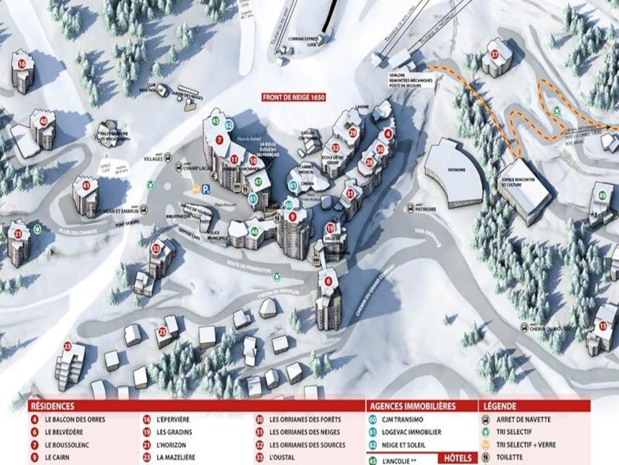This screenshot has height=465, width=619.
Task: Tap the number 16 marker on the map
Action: pos(22,64)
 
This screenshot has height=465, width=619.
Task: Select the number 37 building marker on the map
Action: pos(494,54)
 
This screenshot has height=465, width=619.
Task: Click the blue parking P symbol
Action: pos(206,190)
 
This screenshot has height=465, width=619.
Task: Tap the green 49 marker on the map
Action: pos(601,196)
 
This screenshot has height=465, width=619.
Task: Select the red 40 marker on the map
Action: pos(43,121)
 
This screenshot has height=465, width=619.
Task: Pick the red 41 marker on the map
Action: pos(86,186)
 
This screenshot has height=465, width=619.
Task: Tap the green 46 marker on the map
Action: pos(254,231)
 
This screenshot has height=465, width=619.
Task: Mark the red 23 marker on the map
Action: pos(68,347)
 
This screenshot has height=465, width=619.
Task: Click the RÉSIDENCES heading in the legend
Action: pos(53,406)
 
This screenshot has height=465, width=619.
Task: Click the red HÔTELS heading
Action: pos(459,458)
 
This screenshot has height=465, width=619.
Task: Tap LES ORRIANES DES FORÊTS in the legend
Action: pos(305,420)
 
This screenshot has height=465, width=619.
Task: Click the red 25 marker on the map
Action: pos(162,332)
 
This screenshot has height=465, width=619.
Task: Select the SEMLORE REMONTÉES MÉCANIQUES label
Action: pos(411,80)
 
